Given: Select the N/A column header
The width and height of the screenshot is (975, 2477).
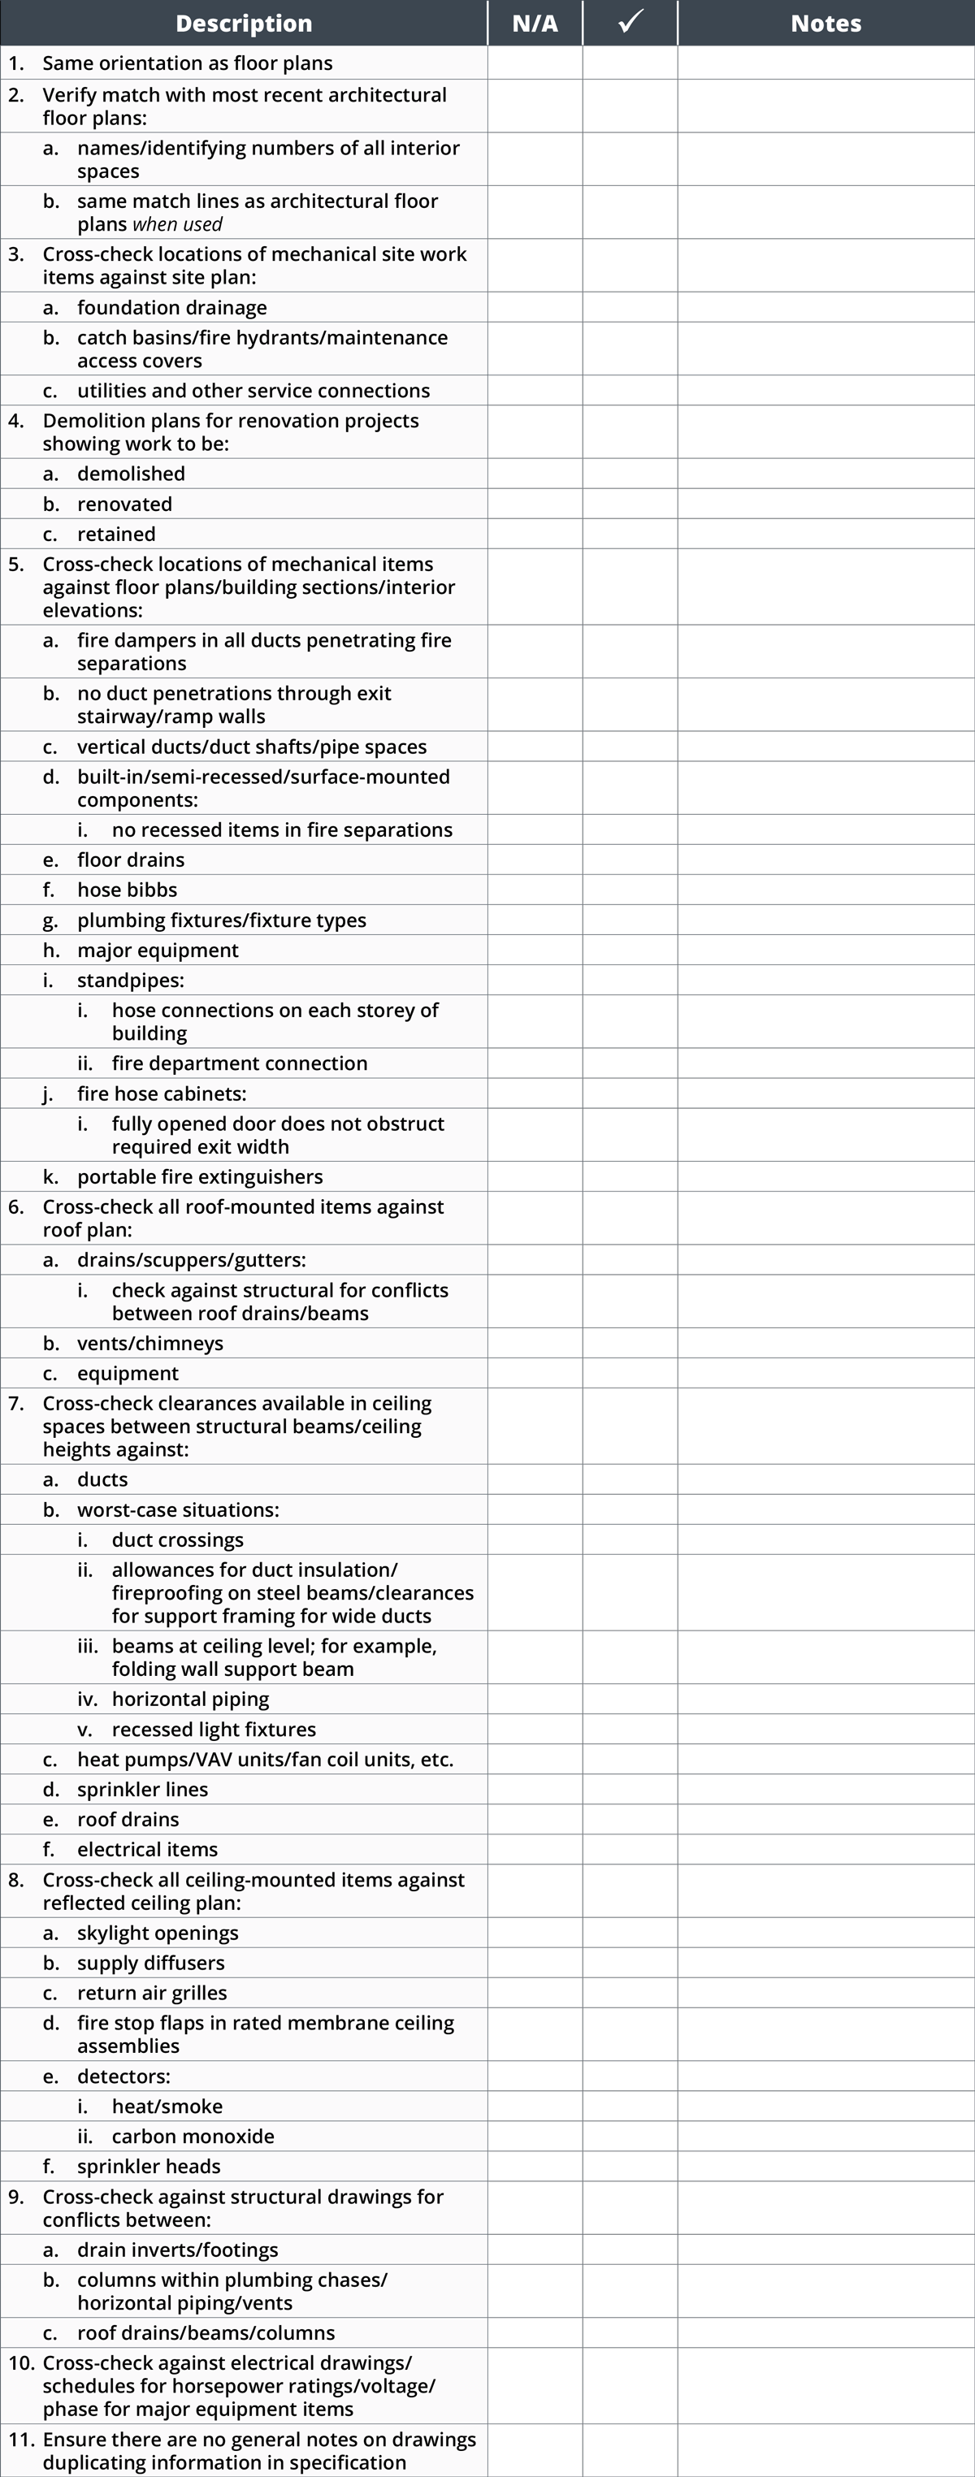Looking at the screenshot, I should [535, 23].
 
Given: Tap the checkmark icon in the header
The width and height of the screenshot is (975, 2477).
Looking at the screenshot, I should [630, 21].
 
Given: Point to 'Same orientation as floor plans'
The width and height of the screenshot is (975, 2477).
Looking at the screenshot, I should [188, 63].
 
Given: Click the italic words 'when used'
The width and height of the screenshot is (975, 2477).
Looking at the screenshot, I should [177, 224].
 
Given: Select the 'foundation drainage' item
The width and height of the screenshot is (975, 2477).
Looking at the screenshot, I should [172, 308].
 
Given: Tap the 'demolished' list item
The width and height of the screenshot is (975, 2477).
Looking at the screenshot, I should [131, 473].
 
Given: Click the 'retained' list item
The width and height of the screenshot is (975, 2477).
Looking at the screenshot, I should [116, 534].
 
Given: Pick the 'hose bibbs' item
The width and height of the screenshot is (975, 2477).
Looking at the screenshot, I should [127, 890].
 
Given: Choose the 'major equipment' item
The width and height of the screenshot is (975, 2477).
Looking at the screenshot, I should [158, 950].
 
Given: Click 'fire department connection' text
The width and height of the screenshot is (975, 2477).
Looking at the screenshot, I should [240, 1063].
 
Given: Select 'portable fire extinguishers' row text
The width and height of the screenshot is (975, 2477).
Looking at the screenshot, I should [200, 1176].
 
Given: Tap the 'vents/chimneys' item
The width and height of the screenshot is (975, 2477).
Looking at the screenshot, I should [150, 1344].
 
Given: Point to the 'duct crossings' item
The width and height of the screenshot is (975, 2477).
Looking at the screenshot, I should [178, 1539].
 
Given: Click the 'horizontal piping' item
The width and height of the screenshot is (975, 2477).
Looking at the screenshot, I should [190, 1699].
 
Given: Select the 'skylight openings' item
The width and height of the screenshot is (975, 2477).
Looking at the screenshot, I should [158, 1933].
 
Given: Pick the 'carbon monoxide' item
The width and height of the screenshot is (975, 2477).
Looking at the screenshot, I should [193, 2136].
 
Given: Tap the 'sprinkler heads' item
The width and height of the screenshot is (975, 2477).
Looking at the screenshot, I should [149, 2166].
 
